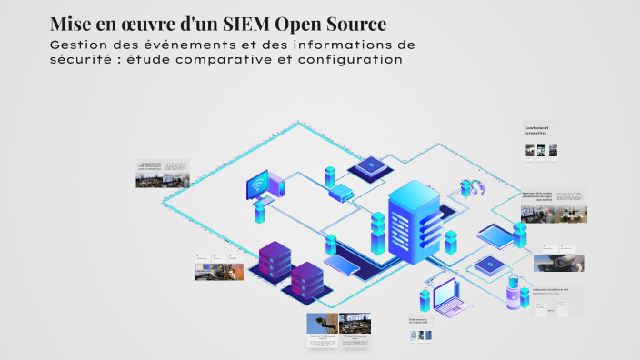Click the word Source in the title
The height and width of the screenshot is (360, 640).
pos(355,23)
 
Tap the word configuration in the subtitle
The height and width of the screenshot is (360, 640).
pos(352,60)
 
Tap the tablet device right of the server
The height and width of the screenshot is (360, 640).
pos(496,235)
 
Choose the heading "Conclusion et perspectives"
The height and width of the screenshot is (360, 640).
pos(536,130)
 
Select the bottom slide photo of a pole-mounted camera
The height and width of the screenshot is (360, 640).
pos(322,324)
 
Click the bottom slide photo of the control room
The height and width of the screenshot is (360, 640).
pos(354,323)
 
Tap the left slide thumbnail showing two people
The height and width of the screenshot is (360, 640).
pos(220,270)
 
